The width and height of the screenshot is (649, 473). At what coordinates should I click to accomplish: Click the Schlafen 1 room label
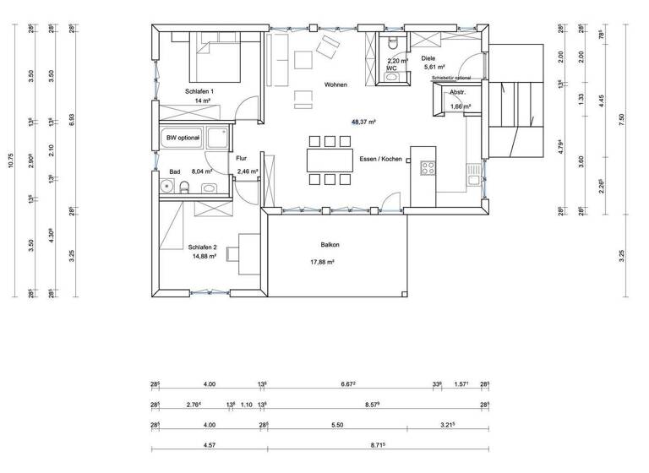pyautogui.click(x=199, y=90)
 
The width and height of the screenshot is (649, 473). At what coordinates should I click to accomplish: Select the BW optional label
pyautogui.click(x=183, y=138)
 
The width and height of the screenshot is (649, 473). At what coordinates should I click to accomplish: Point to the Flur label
pyautogui.click(x=241, y=158)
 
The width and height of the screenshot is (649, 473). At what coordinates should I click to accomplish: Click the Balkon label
pyautogui.click(x=330, y=245)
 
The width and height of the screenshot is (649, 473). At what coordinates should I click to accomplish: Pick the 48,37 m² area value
pyautogui.click(x=363, y=122)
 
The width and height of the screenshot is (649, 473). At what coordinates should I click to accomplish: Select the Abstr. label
pyautogui.click(x=458, y=93)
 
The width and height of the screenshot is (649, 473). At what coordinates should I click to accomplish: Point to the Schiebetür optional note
pyautogui.click(x=456, y=78)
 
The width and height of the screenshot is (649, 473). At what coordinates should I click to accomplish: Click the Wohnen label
pyautogui.click(x=335, y=84)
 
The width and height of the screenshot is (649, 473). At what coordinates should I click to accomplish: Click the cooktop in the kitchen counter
pyautogui.click(x=428, y=167)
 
